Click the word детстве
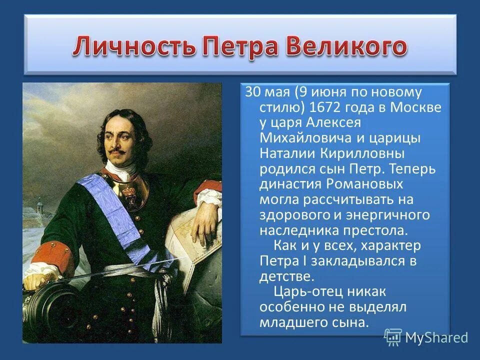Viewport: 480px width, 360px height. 286,276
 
